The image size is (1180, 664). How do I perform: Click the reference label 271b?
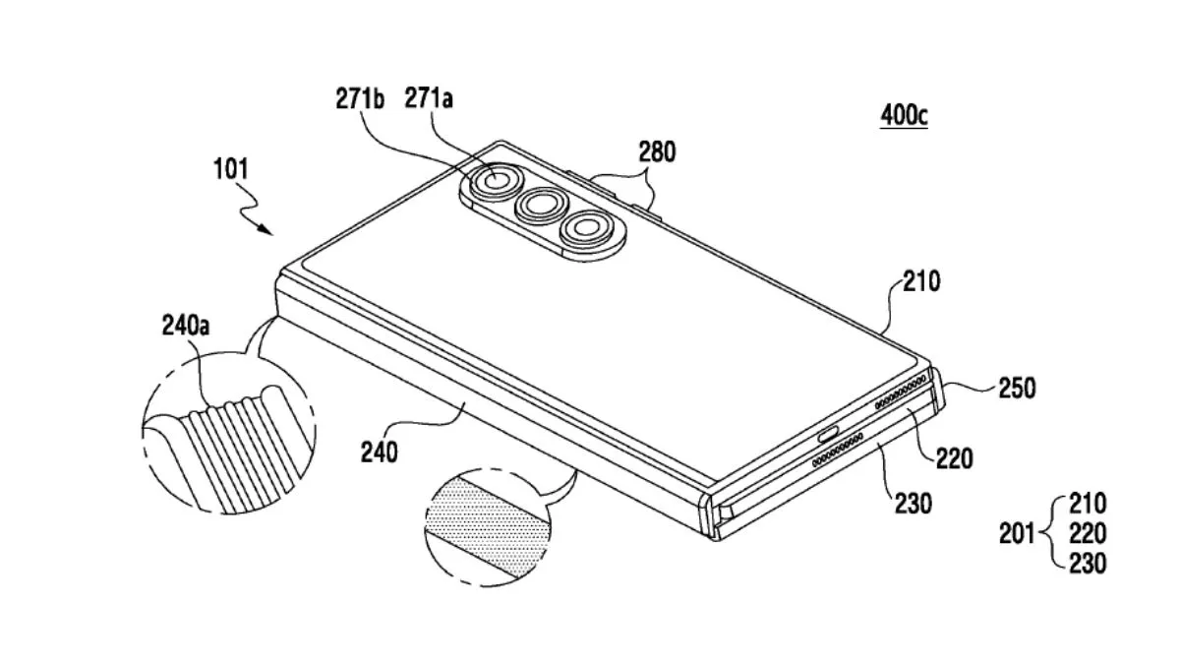point(360,98)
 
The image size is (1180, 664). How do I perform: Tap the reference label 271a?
point(429,98)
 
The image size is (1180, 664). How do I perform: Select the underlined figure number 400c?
point(904,115)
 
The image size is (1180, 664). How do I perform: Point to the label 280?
point(657,151)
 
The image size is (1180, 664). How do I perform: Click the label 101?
point(230,169)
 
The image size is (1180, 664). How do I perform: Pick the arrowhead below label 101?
point(266,230)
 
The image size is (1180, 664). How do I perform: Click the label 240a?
point(186,326)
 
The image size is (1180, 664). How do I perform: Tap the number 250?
point(1017,388)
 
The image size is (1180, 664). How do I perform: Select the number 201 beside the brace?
point(1017,534)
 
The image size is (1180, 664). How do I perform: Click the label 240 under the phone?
point(380,453)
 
